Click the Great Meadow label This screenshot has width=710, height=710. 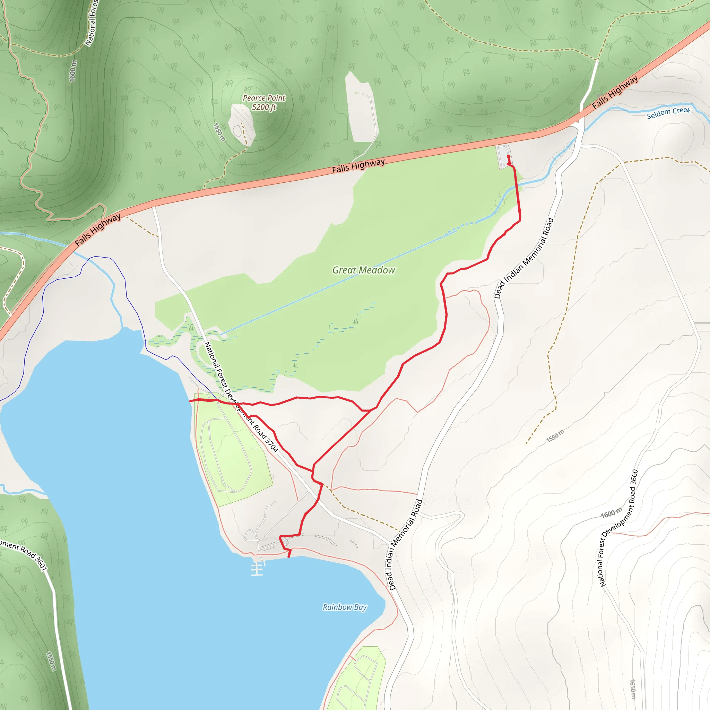[363, 270]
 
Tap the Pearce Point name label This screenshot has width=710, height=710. [264, 98]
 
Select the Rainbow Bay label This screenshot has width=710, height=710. [344, 607]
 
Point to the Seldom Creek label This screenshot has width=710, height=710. [668, 113]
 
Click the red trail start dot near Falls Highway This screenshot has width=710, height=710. [509, 157]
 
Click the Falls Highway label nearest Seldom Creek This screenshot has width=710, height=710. [615, 92]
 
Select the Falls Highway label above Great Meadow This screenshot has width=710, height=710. [358, 166]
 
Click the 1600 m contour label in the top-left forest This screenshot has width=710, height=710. [73, 71]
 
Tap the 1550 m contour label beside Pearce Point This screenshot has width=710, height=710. [219, 132]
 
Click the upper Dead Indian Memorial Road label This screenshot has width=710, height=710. [524, 258]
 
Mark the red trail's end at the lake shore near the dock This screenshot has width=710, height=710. [289, 557]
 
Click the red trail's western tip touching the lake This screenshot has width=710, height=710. [190, 401]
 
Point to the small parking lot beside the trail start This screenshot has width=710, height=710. [503, 156]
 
